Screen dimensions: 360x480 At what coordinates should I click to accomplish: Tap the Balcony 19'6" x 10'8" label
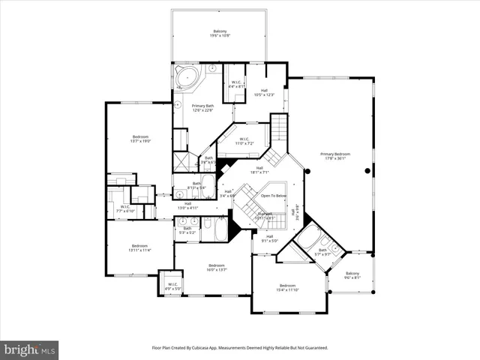point(219,33)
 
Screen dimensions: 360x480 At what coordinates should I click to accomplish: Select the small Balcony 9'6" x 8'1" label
point(352,275)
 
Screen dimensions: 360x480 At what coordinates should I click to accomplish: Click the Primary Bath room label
point(202,109)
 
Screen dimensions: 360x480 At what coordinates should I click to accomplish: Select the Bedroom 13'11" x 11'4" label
point(139,248)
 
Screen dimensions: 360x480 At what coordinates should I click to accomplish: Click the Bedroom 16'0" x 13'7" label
point(217,268)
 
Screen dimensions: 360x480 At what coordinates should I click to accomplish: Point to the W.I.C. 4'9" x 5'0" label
point(172,286)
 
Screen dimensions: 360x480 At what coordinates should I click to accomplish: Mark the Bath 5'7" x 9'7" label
point(322,253)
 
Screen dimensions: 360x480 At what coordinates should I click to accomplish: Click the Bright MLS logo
point(30,349)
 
